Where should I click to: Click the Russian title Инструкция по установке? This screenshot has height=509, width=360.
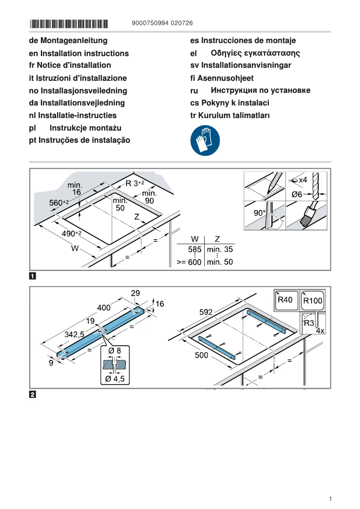(260, 90)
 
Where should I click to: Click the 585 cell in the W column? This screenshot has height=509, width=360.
(194, 250)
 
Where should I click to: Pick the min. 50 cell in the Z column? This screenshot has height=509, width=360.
(220, 262)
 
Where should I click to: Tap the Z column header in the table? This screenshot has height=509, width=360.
(217, 238)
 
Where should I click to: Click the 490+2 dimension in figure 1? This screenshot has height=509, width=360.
(71, 234)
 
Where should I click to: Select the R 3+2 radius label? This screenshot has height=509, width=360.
(135, 183)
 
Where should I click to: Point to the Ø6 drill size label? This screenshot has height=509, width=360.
(297, 194)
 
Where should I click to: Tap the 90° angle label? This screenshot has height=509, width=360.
(260, 213)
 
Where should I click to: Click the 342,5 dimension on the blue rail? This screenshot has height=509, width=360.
(75, 334)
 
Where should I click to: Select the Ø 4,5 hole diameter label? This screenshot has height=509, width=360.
(114, 379)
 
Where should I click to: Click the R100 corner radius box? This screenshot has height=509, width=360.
(313, 301)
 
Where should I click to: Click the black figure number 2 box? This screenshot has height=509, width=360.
(33, 395)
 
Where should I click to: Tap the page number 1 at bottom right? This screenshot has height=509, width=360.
(330, 499)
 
